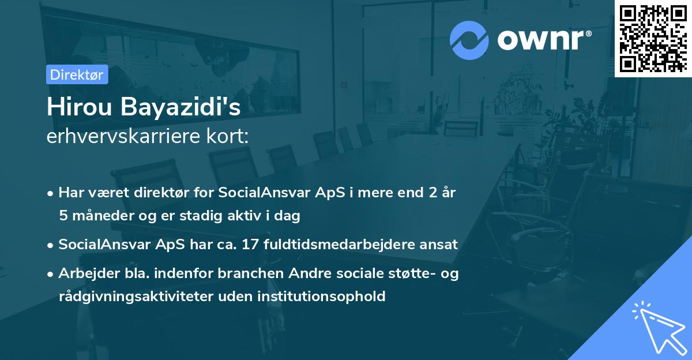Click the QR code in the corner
[x=653, y=38]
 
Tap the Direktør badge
[x=77, y=74]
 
